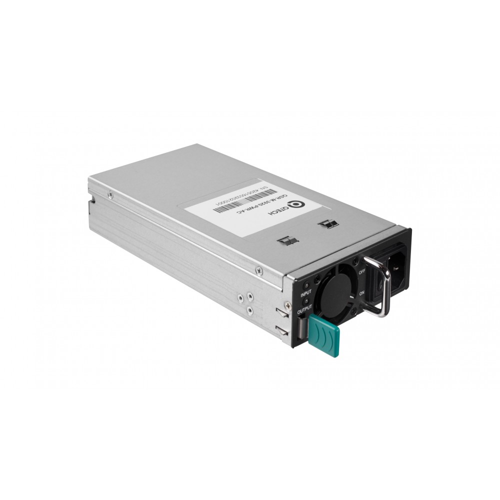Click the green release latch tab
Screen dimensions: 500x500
coord(323,335)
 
